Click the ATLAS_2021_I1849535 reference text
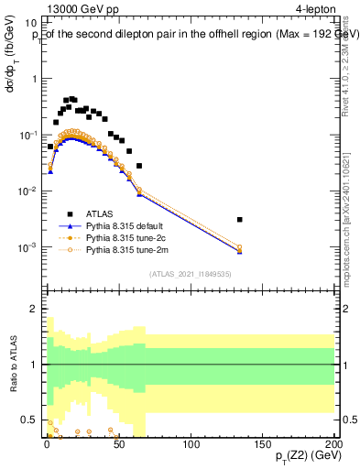(x=191, y=273)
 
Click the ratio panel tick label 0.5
(x=28, y=420)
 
